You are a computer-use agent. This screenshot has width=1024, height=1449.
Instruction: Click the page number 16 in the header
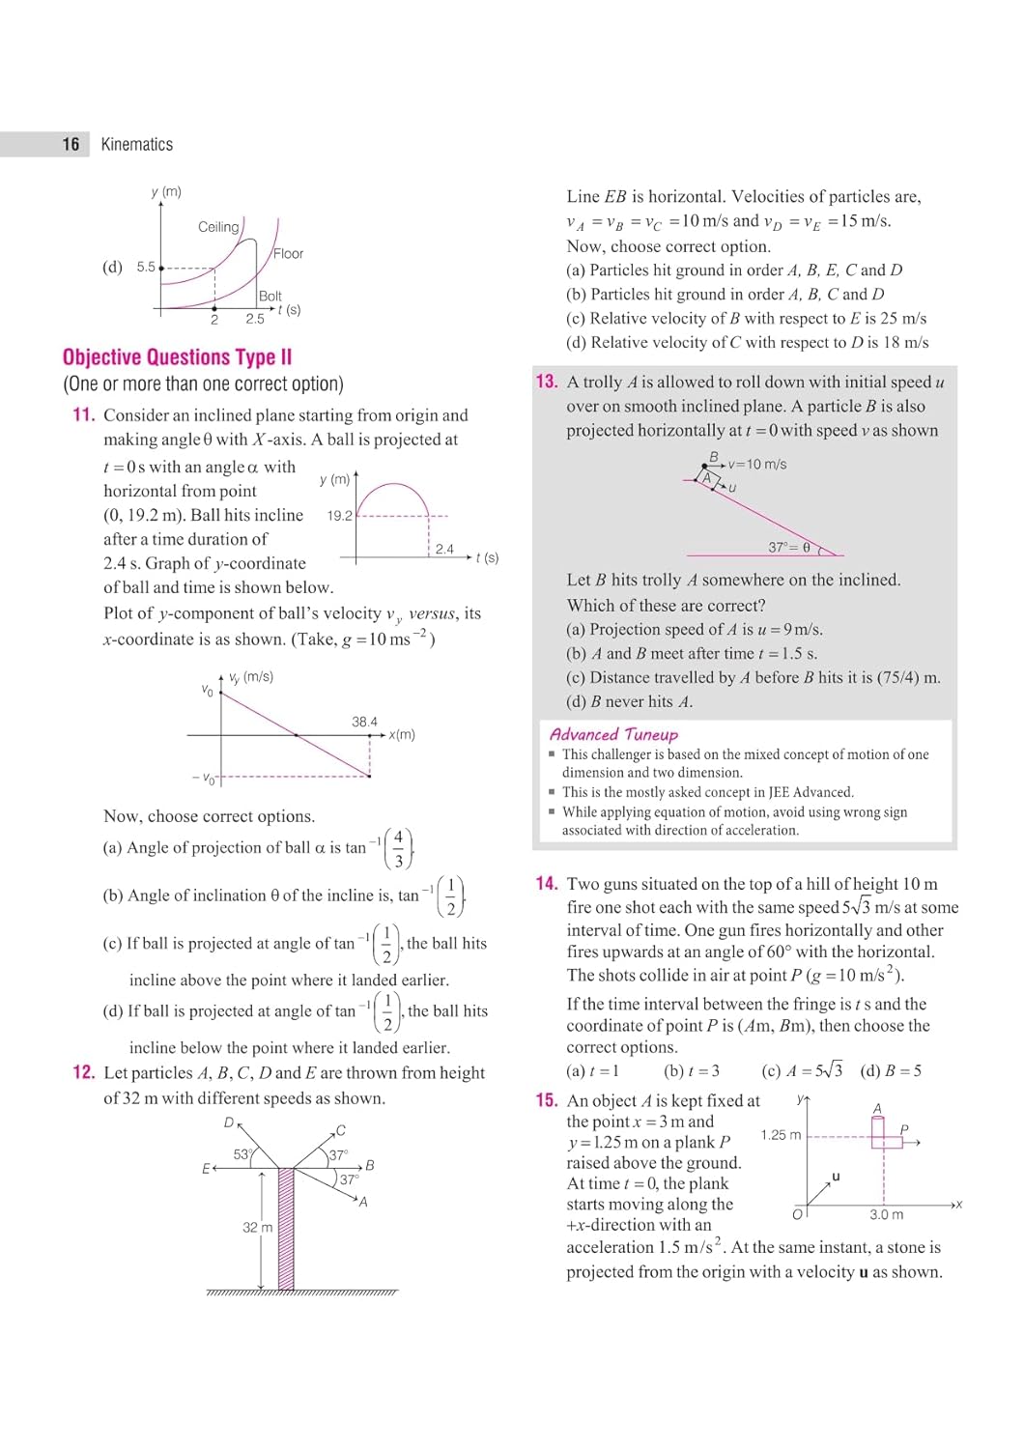pyautogui.click(x=71, y=144)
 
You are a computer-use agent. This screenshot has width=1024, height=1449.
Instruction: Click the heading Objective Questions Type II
pyautogui.click(x=177, y=357)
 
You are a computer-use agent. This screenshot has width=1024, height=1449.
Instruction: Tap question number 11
pyautogui.click(x=84, y=415)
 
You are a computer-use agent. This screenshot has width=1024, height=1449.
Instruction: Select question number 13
pyautogui.click(x=547, y=382)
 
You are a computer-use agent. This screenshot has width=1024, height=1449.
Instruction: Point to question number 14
pyautogui.click(x=547, y=884)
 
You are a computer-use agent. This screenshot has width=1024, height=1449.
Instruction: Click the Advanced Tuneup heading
pyautogui.click(x=613, y=734)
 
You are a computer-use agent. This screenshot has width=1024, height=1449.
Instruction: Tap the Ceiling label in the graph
pyautogui.click(x=218, y=227)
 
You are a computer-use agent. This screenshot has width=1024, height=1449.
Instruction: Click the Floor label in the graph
pyautogui.click(x=288, y=253)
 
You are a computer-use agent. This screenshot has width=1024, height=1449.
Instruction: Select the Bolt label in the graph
pyautogui.click(x=270, y=296)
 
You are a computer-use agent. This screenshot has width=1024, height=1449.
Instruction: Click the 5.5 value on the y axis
pyautogui.click(x=146, y=267)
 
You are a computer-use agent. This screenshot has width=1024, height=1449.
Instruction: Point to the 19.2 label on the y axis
pyautogui.click(x=340, y=516)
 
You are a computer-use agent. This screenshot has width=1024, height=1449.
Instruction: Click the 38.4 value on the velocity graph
pyautogui.click(x=364, y=722)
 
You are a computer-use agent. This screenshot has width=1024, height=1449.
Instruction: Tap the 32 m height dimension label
pyautogui.click(x=257, y=1227)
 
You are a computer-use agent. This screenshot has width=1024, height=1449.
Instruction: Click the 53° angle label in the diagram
pyautogui.click(x=242, y=1154)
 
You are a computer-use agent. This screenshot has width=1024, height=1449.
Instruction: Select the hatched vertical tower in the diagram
pyautogui.click(x=286, y=1228)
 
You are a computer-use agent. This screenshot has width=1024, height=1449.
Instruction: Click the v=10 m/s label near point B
pyautogui.click(x=757, y=465)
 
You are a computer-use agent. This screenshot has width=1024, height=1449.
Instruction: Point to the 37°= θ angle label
pyautogui.click(x=789, y=547)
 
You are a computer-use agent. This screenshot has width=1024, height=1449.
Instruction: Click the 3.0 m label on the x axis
pyautogui.click(x=886, y=1214)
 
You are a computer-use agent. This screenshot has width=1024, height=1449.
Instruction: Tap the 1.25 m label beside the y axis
pyautogui.click(x=781, y=1135)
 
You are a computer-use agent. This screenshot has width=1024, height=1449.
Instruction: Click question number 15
pyautogui.click(x=547, y=1100)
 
